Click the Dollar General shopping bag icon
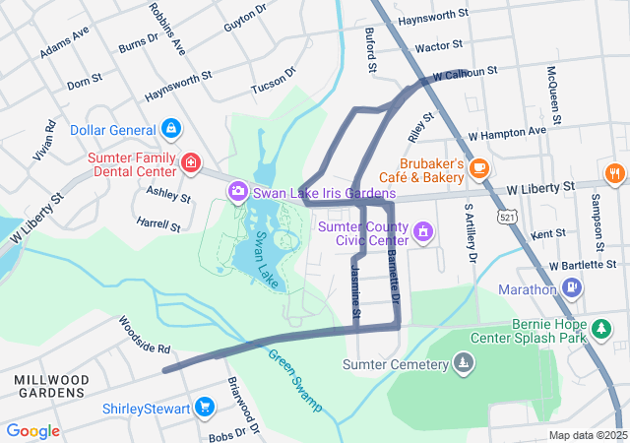(x=171, y=129)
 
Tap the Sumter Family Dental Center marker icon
(x=190, y=160)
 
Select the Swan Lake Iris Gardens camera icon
(x=237, y=190)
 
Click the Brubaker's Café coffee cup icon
(x=479, y=168)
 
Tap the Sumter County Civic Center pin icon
(x=423, y=232)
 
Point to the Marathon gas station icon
(x=571, y=288)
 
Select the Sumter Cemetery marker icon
(x=464, y=364)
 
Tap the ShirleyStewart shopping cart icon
(x=205, y=407)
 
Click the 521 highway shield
(x=506, y=216)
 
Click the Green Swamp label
(x=294, y=380)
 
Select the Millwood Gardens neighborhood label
(x=51, y=386)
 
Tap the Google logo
(x=33, y=431)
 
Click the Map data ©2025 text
(x=587, y=435)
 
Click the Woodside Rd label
(x=145, y=335)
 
